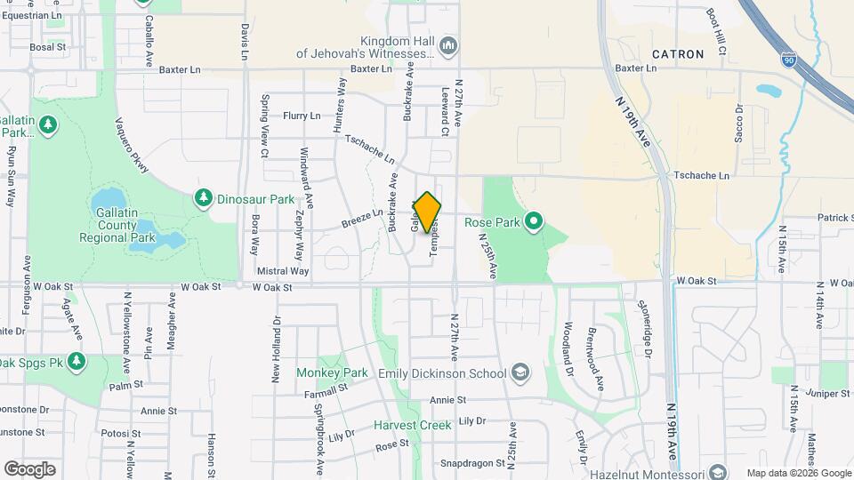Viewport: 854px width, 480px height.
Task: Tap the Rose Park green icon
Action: (x=534, y=219)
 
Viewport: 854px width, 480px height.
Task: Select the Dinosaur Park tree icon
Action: (x=204, y=196)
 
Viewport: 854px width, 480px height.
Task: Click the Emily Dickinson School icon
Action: (x=520, y=373)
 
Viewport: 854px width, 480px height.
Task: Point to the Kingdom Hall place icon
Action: (x=448, y=45)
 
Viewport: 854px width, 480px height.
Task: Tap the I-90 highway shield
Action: (x=788, y=59)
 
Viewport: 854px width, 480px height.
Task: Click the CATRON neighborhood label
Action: (x=678, y=54)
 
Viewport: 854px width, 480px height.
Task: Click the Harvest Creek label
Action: (x=412, y=426)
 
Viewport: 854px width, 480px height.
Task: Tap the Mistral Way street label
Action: (x=284, y=270)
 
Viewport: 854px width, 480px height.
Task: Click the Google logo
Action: (x=29, y=469)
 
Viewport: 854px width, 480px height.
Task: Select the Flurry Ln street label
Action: (x=301, y=116)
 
